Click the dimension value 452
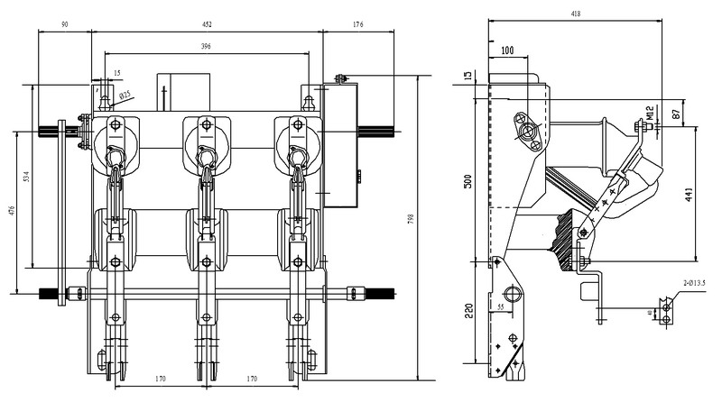207,25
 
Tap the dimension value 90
65,25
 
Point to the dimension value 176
358,25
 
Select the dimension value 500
467,179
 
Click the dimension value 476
12,213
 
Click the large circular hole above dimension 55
513,294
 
